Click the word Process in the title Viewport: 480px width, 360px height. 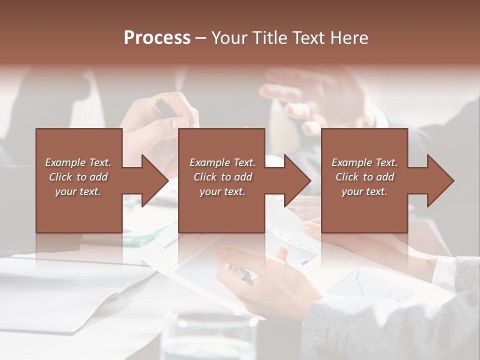(157, 38)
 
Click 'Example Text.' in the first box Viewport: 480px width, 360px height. (78, 162)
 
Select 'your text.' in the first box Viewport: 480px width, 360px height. (78, 191)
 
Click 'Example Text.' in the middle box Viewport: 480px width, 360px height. (222, 162)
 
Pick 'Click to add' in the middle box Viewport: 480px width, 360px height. (222, 177)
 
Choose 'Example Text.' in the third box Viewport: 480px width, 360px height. (364, 162)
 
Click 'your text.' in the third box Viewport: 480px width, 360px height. (364, 191)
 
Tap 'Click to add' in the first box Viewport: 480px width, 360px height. (78, 177)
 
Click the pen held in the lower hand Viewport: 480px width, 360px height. (243, 273)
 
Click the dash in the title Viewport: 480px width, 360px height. (200, 38)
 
